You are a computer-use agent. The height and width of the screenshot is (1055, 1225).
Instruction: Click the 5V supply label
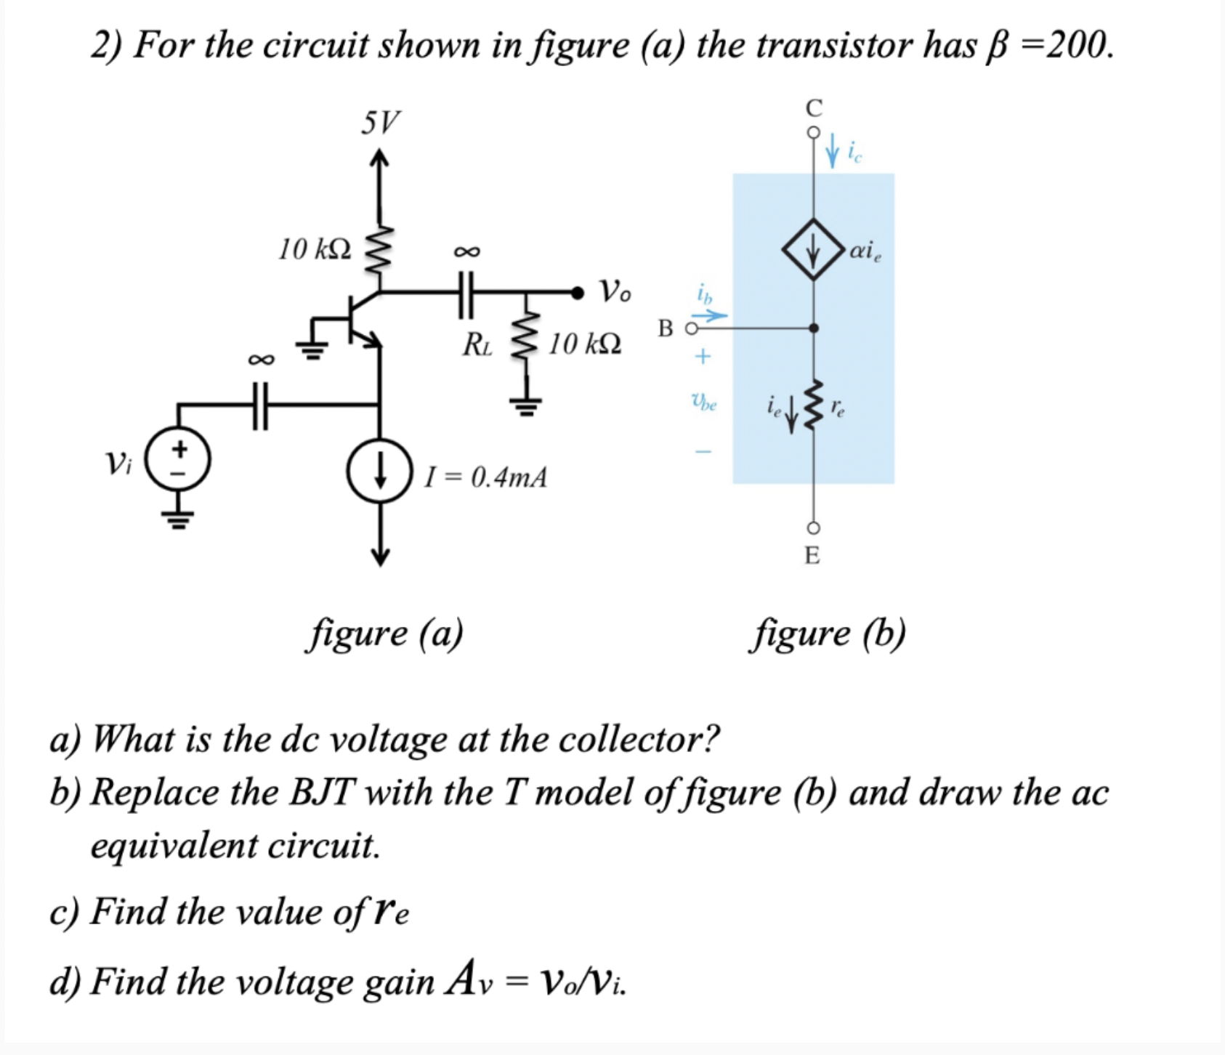[380, 123]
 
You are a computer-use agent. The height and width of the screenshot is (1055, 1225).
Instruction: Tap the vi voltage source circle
[179, 459]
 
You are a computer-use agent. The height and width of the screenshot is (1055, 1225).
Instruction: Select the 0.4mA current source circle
[379, 470]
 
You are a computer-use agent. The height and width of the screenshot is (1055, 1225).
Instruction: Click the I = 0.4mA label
[486, 477]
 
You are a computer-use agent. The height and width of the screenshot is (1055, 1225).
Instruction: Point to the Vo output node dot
[577, 293]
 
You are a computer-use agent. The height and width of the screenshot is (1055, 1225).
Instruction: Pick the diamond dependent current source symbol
[813, 249]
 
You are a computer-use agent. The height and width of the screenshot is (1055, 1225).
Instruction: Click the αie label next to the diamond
[865, 251]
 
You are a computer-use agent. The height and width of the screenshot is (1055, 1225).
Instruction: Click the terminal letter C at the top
[814, 108]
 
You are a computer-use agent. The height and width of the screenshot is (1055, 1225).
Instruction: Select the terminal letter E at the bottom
[812, 556]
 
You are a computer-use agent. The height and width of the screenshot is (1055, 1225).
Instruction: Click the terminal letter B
[666, 328]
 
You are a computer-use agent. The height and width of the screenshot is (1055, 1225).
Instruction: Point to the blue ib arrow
[708, 315]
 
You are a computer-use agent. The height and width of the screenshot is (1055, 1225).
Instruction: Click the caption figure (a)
[385, 633]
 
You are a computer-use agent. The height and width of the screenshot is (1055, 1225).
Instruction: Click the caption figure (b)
[828, 633]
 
